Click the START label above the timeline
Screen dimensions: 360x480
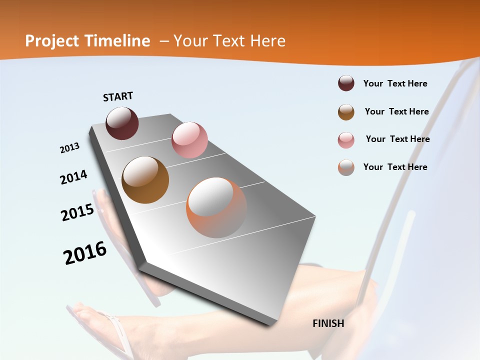118,96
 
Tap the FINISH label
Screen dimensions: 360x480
328,323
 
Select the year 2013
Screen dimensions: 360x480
70,148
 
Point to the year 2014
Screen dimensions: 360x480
74,177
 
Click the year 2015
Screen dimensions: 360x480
77,212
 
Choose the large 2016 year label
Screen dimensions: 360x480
85,253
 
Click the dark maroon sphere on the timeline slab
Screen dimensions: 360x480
122,123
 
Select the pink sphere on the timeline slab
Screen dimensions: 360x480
189,140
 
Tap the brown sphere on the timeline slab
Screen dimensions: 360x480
145,180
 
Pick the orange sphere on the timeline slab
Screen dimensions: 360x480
216,207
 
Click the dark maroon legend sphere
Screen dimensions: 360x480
346,83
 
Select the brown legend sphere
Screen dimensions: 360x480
346,111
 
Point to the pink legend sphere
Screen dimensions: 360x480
346,139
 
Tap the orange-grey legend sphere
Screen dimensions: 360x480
346,167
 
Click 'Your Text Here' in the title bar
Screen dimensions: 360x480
229,41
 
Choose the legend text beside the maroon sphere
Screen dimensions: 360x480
395,83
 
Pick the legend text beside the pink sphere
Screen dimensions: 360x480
397,139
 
